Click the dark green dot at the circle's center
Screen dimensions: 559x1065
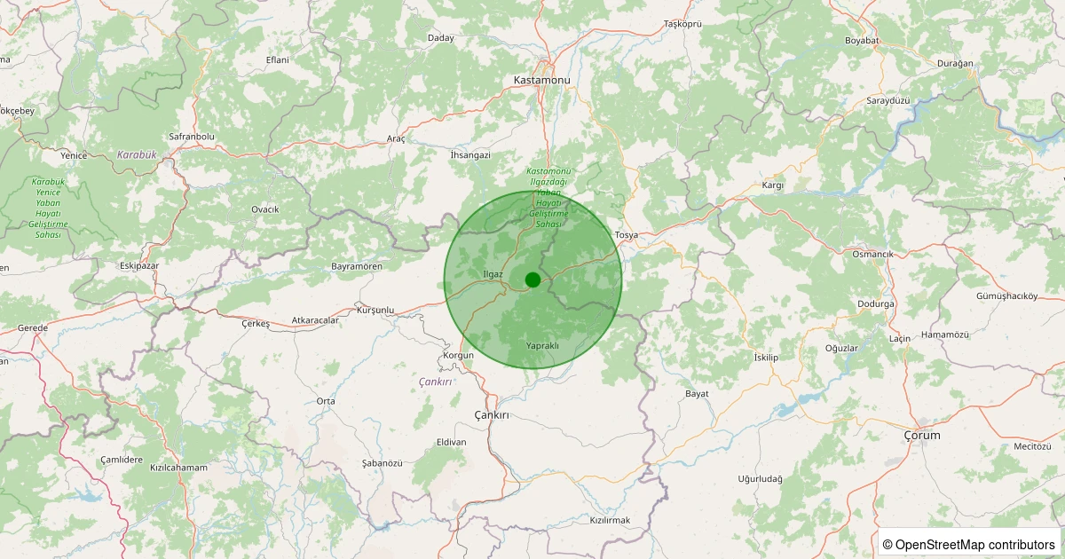click(532, 279)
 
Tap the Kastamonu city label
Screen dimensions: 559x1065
click(541, 80)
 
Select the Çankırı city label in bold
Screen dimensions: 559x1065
click(492, 415)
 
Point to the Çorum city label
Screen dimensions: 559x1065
click(921, 436)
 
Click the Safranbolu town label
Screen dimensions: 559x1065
click(192, 137)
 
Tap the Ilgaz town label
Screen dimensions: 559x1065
click(493, 274)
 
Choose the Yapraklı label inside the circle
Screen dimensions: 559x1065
click(542, 345)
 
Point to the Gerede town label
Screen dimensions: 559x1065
click(34, 327)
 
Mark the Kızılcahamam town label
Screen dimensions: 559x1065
click(178, 468)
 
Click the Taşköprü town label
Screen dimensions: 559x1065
click(682, 23)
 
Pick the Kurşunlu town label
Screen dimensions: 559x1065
click(375, 310)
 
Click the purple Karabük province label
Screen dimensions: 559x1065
click(137, 154)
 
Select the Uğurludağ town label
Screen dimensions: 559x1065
click(761, 479)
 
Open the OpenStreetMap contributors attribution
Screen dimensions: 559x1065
click(969, 544)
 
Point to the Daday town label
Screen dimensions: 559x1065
click(441, 38)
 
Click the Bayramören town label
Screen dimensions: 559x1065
click(356, 266)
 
